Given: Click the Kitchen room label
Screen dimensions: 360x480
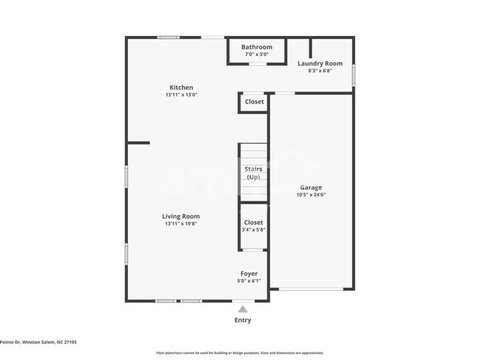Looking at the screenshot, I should coord(181,87).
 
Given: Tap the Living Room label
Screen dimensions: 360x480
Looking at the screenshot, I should coord(181,216).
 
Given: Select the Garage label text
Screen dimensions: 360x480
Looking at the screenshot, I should coord(311,187).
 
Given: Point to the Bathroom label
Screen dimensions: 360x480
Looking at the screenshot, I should coord(256,47).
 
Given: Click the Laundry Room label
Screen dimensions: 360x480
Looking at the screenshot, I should coord(320,63).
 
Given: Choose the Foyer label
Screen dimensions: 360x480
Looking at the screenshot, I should coord(249,274).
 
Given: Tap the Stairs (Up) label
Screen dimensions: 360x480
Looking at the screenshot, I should coord(253,173).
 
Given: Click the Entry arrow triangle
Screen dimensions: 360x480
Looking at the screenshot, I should coord(242,309).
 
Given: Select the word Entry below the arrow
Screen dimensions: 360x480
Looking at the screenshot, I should coord(242,320).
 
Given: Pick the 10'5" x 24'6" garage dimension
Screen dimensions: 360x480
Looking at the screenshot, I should coord(311,195).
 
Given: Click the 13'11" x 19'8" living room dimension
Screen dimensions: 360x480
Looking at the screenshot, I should coord(181,224).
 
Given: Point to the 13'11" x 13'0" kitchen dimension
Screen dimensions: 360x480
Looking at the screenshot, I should coord(181,94).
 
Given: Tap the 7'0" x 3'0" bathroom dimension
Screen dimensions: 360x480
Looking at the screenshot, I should coord(256,54).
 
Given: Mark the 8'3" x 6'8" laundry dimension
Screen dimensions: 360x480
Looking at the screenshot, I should coord(320,71).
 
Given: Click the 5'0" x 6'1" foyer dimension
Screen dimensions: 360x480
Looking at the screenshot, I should coord(249,280).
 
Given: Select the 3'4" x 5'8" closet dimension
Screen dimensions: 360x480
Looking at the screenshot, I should coord(253,229).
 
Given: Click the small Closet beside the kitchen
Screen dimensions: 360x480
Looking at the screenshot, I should coord(254,102).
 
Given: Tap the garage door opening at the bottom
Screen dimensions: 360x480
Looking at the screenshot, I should coord(311,288).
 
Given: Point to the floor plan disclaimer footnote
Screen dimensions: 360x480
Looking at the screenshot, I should coord(239,353).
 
